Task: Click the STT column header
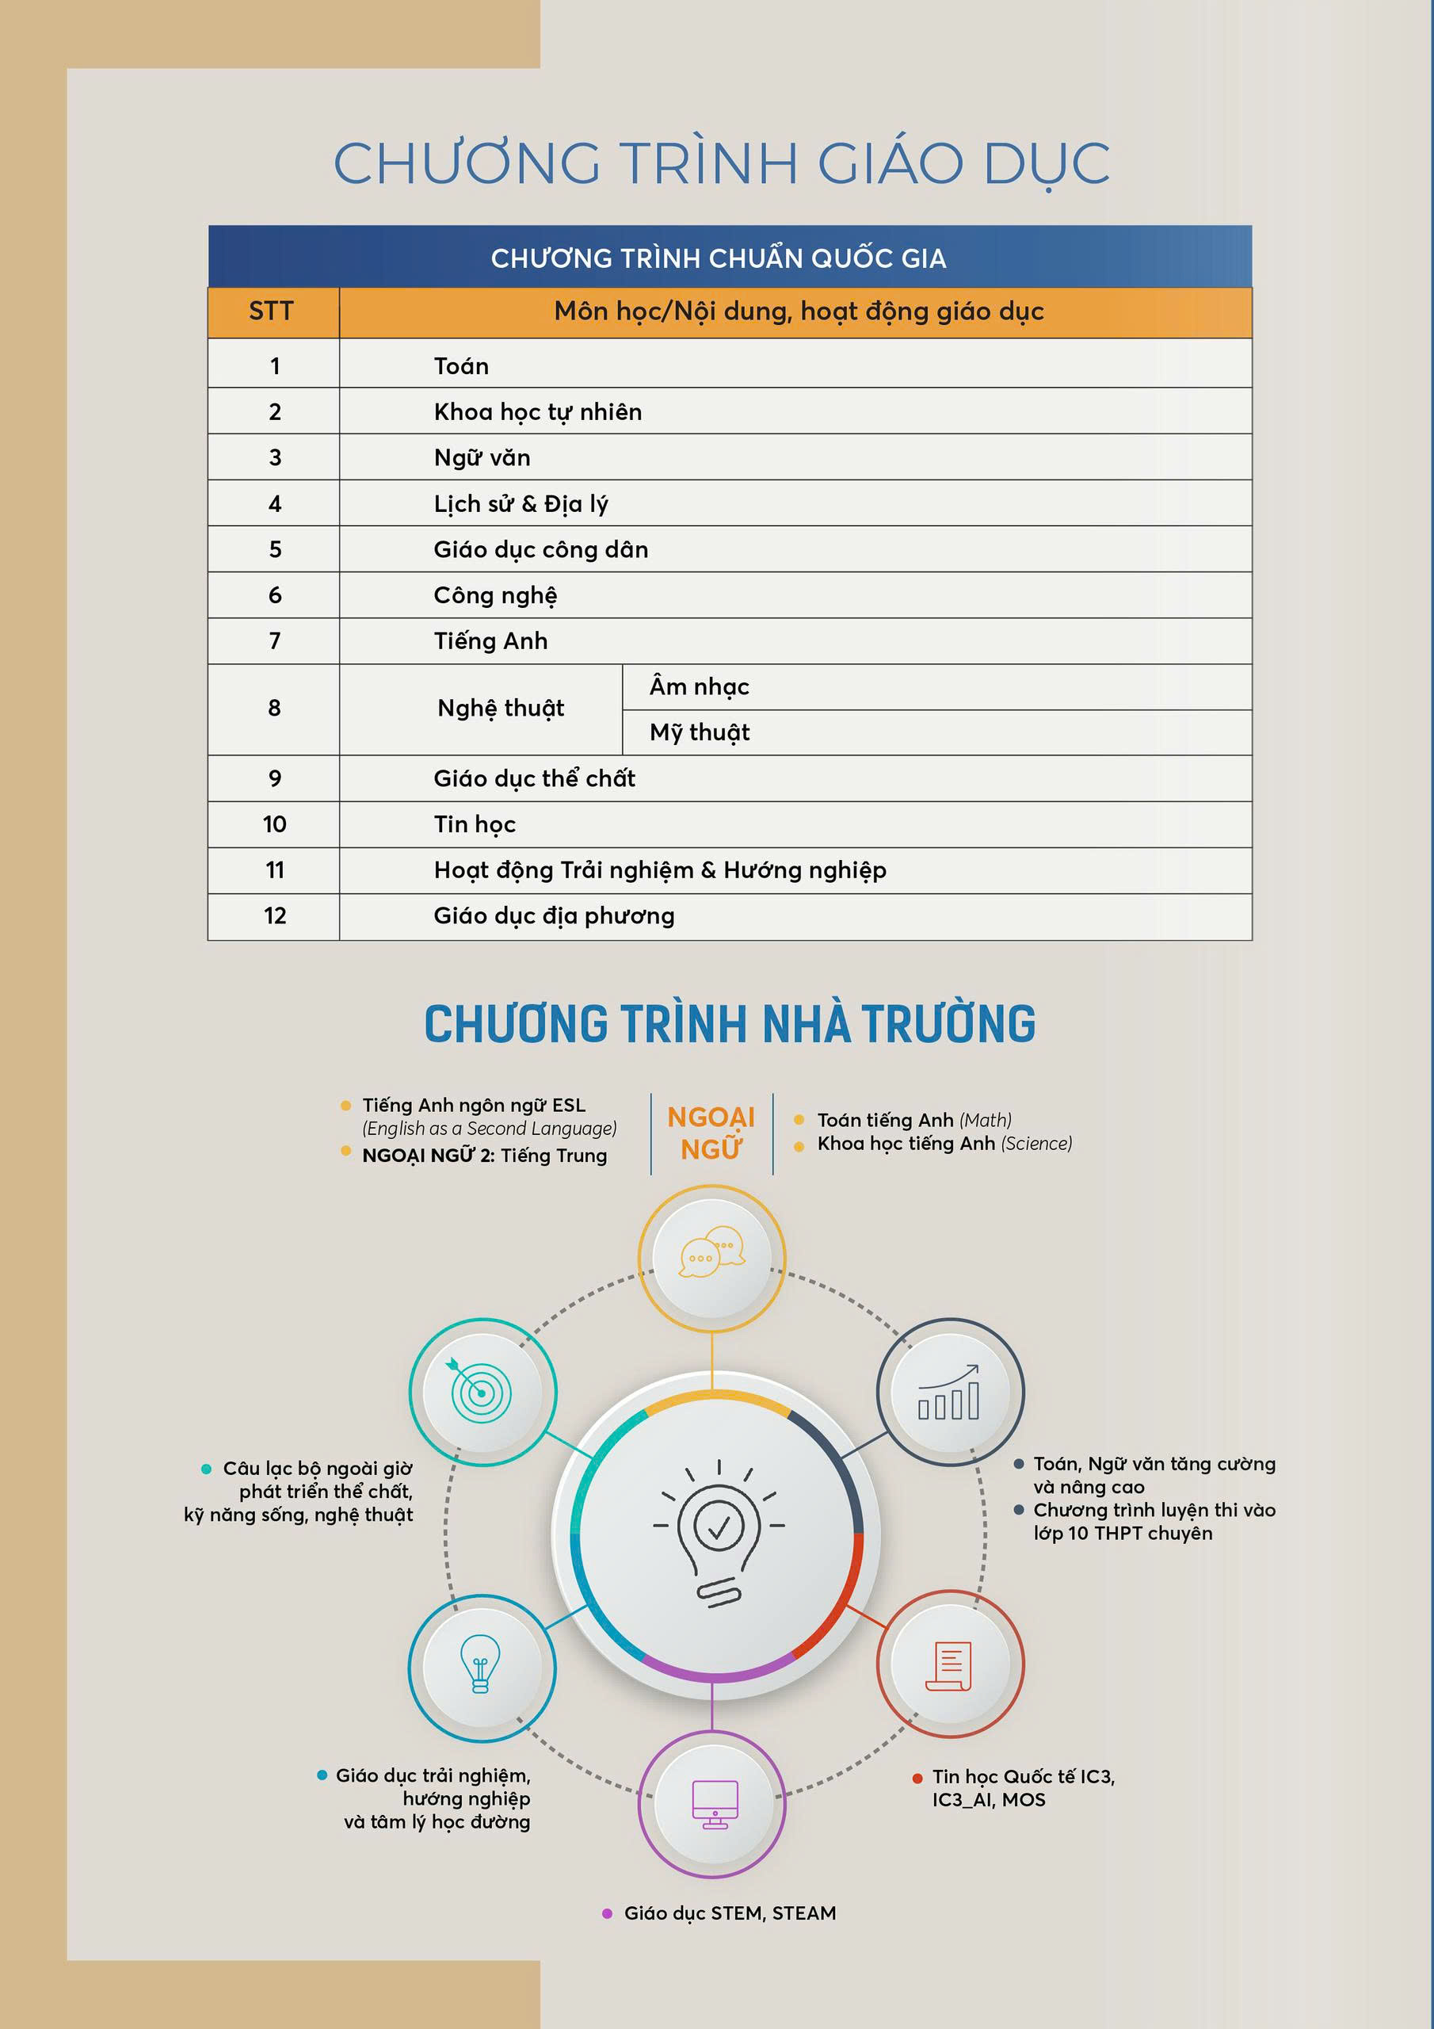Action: click(x=271, y=311)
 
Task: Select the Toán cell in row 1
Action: click(x=461, y=366)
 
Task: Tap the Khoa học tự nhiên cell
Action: click(x=537, y=412)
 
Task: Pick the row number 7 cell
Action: click(x=274, y=640)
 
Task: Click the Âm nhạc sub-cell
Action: click(x=699, y=686)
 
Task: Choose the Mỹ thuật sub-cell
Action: click(x=699, y=732)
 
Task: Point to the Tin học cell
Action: click(x=475, y=824)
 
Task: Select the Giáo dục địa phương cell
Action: click(x=554, y=915)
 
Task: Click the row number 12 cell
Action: click(x=274, y=915)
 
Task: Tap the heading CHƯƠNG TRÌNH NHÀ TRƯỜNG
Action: click(x=729, y=1024)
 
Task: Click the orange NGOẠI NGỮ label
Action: click(x=711, y=1133)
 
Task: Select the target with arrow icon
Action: click(x=481, y=1392)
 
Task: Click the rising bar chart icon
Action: click(x=949, y=1392)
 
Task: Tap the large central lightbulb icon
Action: click(x=719, y=1533)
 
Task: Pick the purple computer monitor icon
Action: click(x=714, y=1804)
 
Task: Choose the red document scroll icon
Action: click(x=949, y=1666)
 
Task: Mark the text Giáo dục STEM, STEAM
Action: click(x=730, y=1912)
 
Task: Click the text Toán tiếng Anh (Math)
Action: click(x=913, y=1120)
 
